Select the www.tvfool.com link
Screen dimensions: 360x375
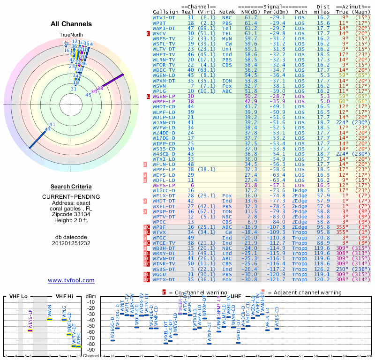tap(71, 280)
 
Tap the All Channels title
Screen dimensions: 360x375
tap(71, 24)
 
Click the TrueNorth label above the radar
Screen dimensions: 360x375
tap(71, 35)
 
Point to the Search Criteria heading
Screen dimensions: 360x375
tap(71, 187)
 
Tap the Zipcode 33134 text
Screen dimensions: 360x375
tap(71, 214)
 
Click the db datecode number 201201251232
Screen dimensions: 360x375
tap(71, 243)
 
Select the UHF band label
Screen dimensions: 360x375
tap(236, 296)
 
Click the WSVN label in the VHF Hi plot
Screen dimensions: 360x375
tap(49, 310)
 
